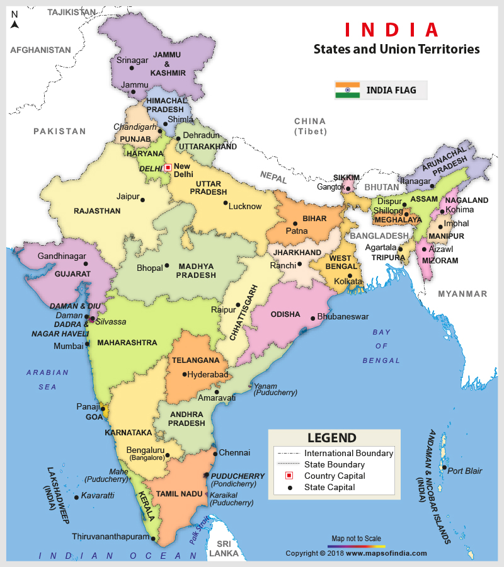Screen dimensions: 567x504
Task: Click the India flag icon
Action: click(x=347, y=90)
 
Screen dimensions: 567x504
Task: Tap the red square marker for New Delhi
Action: click(x=168, y=168)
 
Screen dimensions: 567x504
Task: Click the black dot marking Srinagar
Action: click(x=132, y=67)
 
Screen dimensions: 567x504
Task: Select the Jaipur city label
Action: click(x=128, y=197)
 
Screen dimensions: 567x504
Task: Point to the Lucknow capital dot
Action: click(x=226, y=203)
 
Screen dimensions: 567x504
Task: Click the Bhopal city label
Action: click(x=149, y=268)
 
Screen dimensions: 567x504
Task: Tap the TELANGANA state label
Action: click(x=195, y=360)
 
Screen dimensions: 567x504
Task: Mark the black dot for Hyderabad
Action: click(x=185, y=374)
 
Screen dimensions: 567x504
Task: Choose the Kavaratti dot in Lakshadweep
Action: click(x=77, y=497)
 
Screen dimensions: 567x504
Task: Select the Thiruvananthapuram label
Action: click(x=110, y=537)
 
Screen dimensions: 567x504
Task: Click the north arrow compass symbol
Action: click(x=14, y=25)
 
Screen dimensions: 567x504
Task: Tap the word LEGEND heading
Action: click(x=332, y=438)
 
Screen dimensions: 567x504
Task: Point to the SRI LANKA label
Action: click(x=225, y=548)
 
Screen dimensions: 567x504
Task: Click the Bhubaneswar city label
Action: click(x=343, y=316)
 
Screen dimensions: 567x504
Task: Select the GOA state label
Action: click(x=94, y=417)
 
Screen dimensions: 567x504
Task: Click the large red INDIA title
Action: click(x=391, y=30)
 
